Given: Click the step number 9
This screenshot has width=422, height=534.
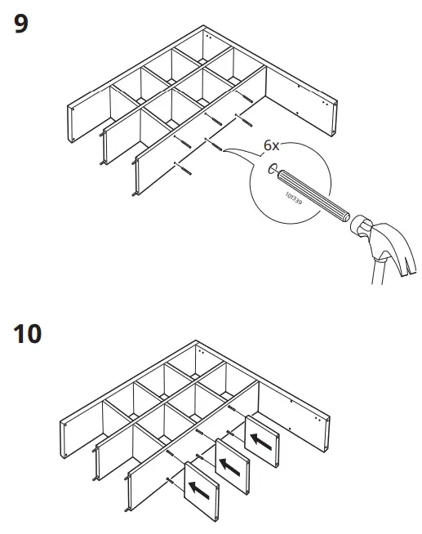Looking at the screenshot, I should (x=21, y=24).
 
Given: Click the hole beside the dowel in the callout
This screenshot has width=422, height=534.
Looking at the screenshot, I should (x=271, y=169).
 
